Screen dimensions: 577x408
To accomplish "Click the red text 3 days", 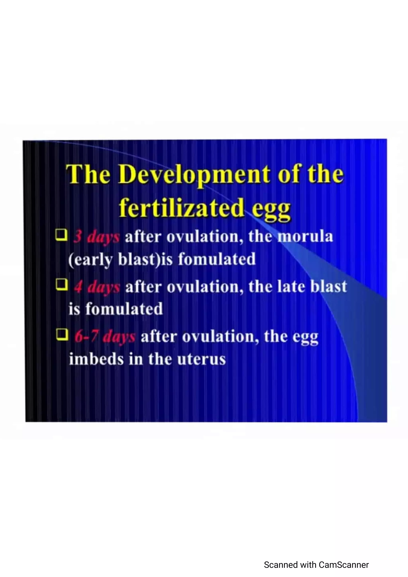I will tap(96, 237).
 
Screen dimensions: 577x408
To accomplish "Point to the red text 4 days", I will tap(97, 287).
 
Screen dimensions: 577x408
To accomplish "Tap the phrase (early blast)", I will tap(114, 260).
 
